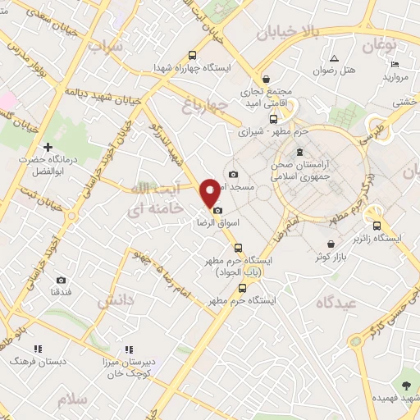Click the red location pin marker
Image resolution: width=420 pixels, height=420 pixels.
point(211,194)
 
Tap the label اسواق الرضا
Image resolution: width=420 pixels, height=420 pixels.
point(216,222)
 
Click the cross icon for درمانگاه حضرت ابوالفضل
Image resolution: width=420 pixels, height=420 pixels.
point(48,147)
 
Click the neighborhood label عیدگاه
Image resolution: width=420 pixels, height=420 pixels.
point(335,302)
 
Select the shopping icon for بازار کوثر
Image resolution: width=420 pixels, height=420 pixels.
point(331,244)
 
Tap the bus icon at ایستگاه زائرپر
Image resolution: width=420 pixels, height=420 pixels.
point(377,226)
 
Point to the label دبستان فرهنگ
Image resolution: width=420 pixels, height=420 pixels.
point(30,361)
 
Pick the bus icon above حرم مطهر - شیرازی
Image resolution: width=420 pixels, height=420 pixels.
point(274,117)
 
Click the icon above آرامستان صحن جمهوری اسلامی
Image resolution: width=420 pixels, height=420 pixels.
point(299,151)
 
